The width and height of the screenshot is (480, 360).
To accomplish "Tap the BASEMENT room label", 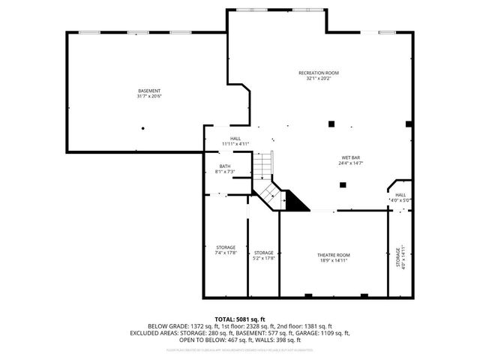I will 149,91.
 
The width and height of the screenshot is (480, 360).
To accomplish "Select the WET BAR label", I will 351,157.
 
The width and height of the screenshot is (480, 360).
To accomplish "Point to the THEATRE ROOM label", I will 333,255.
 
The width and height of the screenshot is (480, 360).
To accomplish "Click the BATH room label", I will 225,166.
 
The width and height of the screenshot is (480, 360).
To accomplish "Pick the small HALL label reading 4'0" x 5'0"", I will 400,195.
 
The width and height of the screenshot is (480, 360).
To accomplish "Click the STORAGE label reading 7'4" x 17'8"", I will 226,247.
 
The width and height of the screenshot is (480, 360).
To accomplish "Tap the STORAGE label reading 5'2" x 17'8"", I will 263,253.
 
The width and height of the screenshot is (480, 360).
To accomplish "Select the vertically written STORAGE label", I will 398,259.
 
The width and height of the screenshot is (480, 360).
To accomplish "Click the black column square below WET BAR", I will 343,184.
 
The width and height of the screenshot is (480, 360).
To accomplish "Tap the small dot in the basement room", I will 142,128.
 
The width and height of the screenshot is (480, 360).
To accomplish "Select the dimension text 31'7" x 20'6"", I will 149,97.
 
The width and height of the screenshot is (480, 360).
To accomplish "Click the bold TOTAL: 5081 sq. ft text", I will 239,319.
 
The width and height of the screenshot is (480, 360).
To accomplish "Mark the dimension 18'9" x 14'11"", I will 333,261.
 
